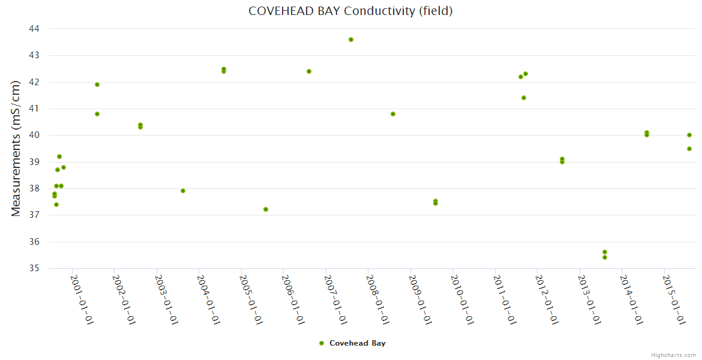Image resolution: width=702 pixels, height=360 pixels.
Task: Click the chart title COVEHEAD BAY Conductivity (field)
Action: click(350, 11)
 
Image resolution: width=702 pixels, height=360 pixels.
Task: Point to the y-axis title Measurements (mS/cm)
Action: click(16, 148)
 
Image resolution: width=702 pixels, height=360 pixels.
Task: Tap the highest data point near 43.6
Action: click(351, 40)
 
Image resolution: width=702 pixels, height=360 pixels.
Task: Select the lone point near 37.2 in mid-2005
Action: click(266, 209)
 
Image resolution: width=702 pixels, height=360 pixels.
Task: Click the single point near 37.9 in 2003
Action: click(183, 191)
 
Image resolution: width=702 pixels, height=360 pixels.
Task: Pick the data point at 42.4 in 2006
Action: click(309, 71)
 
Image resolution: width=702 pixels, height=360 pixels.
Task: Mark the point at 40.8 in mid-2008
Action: click(393, 114)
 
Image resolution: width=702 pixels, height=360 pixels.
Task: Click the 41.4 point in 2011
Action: click(524, 98)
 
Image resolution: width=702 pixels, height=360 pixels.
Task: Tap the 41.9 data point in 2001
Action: click(97, 85)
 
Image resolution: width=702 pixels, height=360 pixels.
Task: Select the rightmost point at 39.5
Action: click(689, 149)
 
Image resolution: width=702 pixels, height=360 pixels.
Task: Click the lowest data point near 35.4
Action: click(605, 257)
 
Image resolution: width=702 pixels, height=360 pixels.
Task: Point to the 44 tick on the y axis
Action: click(34, 29)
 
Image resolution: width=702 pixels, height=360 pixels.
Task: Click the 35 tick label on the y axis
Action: click(34, 268)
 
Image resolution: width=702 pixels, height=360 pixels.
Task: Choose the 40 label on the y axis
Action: click(34, 135)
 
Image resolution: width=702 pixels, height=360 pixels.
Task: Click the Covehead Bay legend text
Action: click(358, 343)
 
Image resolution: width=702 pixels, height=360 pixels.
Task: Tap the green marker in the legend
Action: click(322, 343)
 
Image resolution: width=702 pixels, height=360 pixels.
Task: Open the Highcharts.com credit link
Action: click(673, 355)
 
